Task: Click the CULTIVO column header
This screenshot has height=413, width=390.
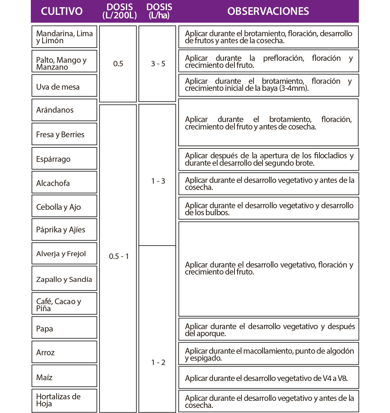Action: click(62, 11)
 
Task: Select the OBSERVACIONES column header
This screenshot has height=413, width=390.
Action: click(268, 11)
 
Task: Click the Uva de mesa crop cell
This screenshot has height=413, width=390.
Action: click(64, 87)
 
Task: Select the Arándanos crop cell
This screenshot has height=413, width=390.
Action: click(64, 110)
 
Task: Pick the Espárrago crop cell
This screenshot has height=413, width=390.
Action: click(64, 159)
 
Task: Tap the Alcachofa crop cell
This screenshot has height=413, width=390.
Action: click(64, 183)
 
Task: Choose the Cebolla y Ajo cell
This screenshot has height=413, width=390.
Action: click(64, 207)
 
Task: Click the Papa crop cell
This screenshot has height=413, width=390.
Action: click(64, 328)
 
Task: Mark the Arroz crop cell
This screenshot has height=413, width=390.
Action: click(64, 353)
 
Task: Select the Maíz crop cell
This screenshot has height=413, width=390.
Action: click(64, 377)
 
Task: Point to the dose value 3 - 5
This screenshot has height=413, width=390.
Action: click(158, 64)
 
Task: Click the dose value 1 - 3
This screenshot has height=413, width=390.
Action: click(158, 181)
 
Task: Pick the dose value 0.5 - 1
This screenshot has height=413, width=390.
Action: click(119, 257)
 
